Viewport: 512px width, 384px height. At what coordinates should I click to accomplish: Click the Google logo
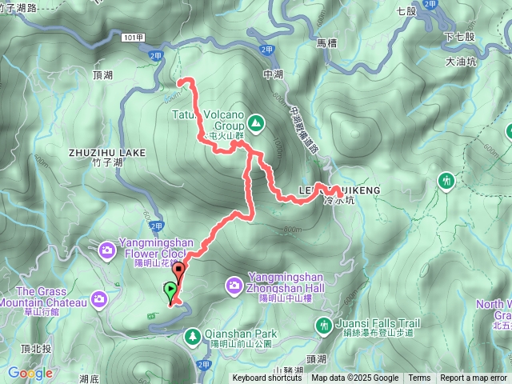(x=30, y=373)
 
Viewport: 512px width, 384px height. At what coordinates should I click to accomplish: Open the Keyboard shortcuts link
(x=267, y=378)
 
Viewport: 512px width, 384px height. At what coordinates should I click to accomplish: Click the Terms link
(x=419, y=378)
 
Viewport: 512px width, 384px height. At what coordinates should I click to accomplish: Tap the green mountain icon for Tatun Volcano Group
(x=255, y=122)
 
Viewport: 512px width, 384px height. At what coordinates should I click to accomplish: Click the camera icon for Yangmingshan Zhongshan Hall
(x=234, y=284)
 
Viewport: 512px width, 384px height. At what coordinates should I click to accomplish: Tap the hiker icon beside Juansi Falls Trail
(x=324, y=324)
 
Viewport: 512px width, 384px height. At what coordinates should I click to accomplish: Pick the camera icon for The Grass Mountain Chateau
(x=99, y=298)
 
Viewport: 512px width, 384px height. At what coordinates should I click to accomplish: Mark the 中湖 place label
(x=273, y=74)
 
